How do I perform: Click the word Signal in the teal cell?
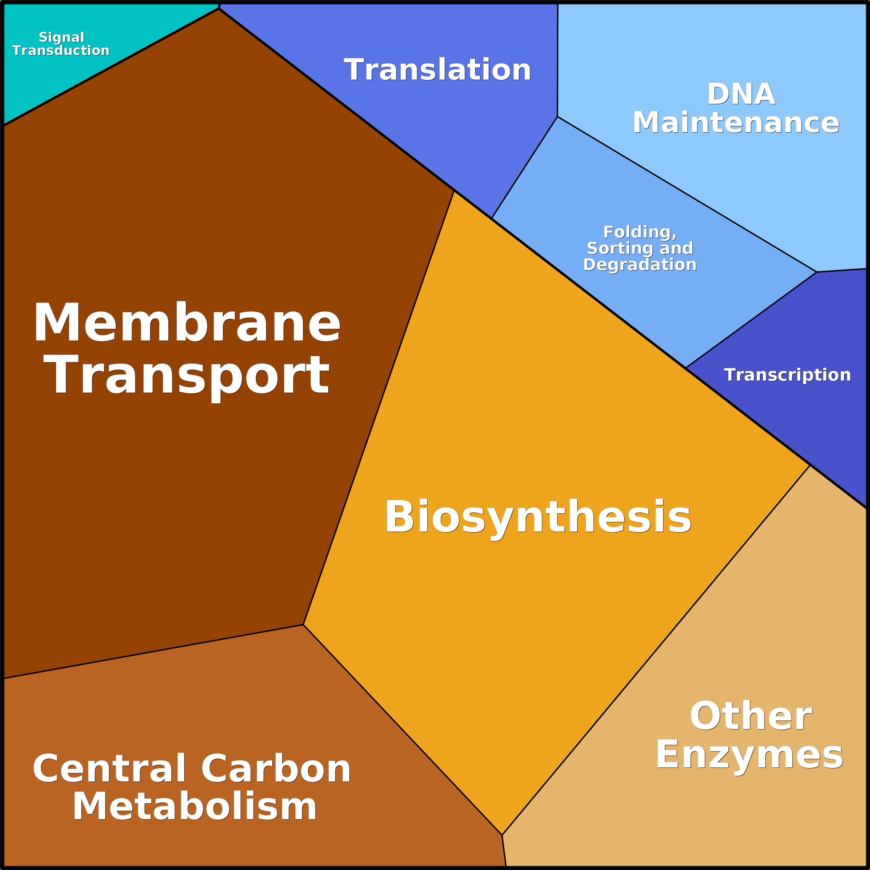coord(61,37)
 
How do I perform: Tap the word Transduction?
coord(61,51)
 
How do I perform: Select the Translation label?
coord(437,70)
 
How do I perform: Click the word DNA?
coord(741,94)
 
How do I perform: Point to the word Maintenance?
coord(736,123)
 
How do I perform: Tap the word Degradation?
coord(639,264)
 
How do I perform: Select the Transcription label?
coord(787,375)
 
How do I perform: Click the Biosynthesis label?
coord(538,517)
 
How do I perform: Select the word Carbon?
coord(276,769)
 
